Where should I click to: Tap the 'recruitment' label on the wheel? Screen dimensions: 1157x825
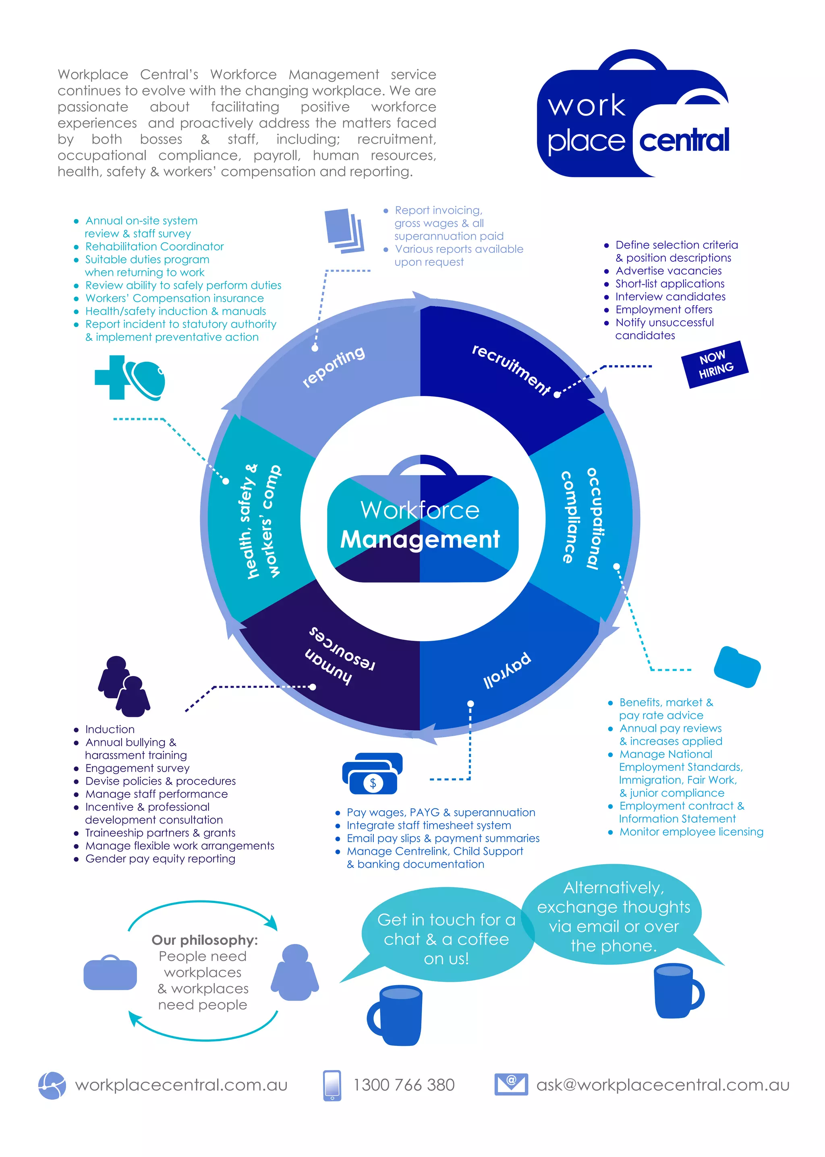[510, 369]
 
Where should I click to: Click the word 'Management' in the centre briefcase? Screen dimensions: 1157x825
[420, 539]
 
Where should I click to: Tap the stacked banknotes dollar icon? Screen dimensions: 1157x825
[372, 774]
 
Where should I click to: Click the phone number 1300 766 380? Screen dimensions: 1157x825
[404, 1085]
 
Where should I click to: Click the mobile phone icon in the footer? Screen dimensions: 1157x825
[332, 1085]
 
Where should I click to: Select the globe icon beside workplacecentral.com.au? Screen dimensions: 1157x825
[52, 1085]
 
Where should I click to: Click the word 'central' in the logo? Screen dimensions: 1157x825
[684, 141]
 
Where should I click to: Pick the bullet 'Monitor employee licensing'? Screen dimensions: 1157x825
[691, 832]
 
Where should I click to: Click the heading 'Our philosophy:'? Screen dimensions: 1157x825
[204, 940]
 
